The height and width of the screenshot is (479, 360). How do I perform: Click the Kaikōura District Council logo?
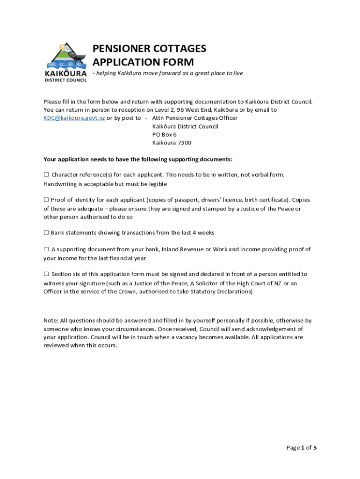(x=65, y=62)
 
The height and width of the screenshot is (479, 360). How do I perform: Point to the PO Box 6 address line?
(x=164, y=135)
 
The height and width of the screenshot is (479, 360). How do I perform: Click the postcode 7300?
(x=184, y=143)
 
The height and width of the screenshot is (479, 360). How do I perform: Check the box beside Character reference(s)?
(x=46, y=175)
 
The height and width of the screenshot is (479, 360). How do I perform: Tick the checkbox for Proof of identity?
(x=46, y=200)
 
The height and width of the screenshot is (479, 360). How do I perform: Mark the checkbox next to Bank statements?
(x=46, y=233)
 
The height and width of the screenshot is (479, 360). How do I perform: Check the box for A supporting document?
(x=46, y=250)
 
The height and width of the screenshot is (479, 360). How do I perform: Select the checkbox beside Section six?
(x=46, y=274)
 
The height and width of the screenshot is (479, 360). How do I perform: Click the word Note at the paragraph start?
(x=50, y=321)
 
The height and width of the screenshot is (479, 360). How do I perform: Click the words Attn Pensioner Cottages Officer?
(x=194, y=118)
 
